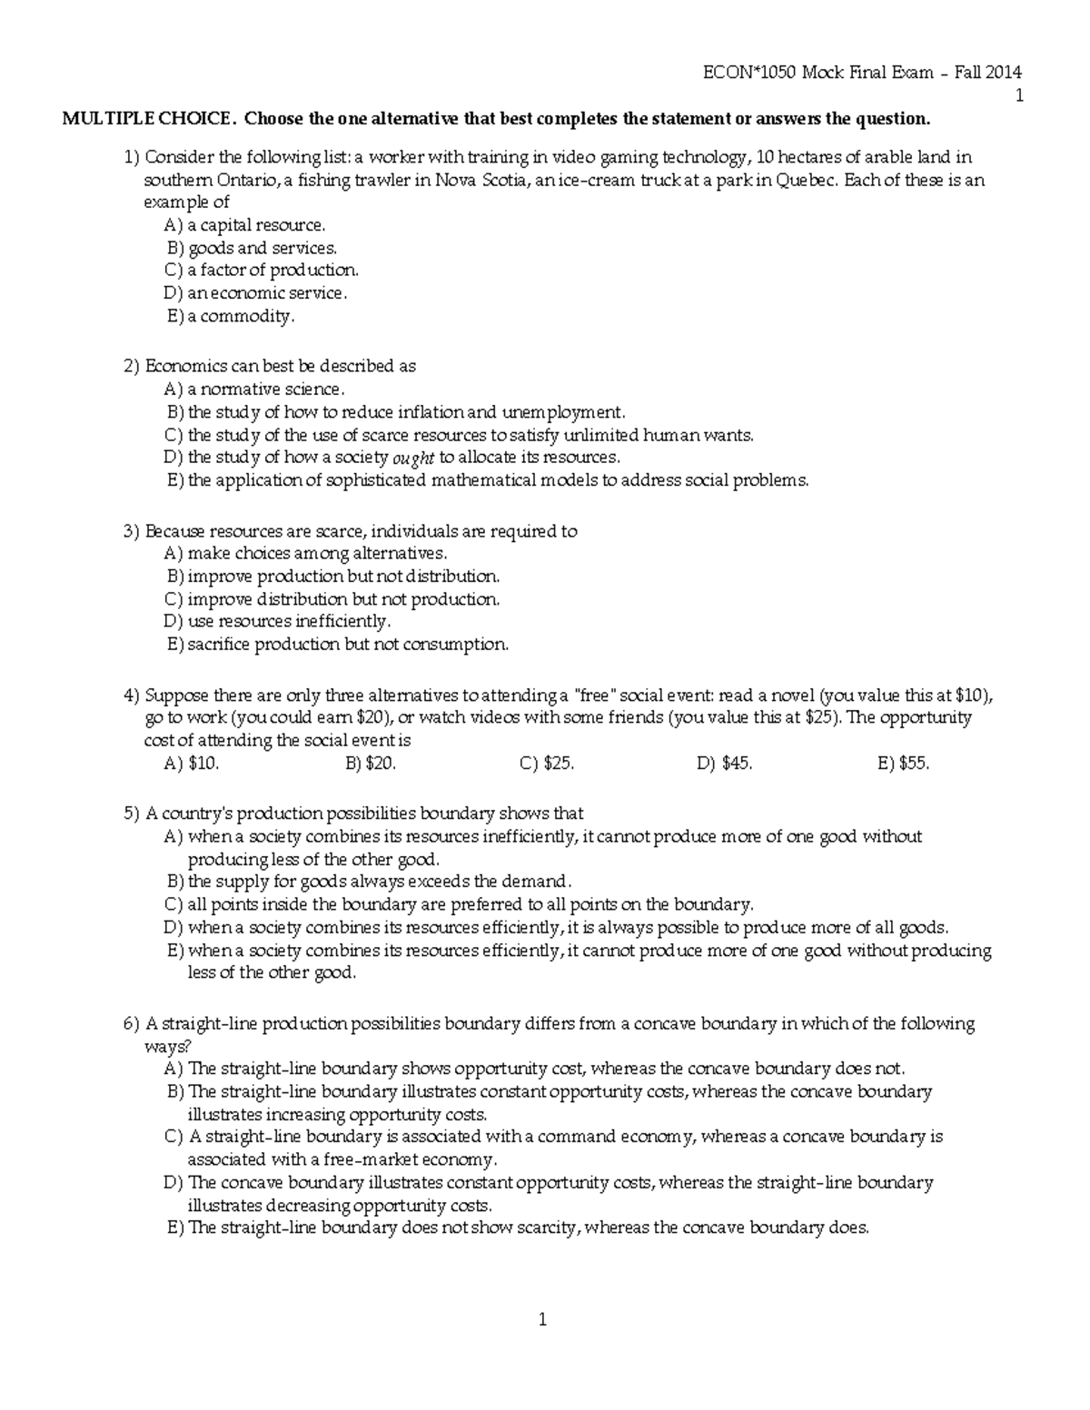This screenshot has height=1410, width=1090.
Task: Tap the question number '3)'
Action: (132, 531)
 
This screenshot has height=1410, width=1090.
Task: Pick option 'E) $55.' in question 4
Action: (904, 764)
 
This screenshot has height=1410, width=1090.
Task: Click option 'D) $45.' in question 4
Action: (725, 764)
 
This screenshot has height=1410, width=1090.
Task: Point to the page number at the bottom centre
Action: (542, 1320)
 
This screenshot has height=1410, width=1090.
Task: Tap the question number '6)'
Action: (132, 1024)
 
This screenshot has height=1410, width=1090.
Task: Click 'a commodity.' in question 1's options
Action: (242, 317)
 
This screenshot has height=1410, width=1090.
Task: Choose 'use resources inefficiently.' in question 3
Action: (289, 622)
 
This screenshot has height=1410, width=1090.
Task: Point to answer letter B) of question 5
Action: (175, 882)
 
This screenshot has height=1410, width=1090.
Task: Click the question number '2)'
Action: (132, 367)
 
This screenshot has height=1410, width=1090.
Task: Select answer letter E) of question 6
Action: (175, 1228)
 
